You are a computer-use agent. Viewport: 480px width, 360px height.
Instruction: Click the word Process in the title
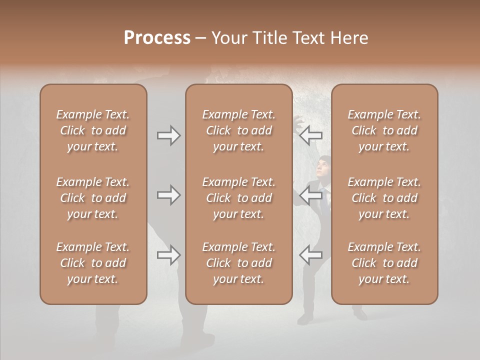coord(157,38)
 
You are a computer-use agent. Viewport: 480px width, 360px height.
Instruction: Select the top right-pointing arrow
coord(168,135)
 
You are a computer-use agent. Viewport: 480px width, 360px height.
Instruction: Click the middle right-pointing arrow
coord(168,195)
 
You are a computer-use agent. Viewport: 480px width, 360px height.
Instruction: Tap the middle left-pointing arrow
coord(311,195)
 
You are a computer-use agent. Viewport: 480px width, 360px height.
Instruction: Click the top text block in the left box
coord(93,130)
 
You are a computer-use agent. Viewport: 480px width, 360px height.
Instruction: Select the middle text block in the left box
coord(93,198)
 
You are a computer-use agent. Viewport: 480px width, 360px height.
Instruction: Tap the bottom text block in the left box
coord(93,263)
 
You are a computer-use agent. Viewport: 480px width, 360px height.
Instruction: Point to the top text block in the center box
coord(238,130)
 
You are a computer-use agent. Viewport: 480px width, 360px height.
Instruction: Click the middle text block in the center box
coord(238,198)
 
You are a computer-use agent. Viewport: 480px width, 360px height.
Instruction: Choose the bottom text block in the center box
coord(238,263)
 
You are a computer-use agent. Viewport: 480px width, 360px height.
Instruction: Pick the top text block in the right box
coord(384,130)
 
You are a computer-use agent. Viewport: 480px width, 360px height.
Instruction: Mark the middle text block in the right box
coord(384,198)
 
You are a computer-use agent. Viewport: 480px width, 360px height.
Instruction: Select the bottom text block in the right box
coord(384,263)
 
